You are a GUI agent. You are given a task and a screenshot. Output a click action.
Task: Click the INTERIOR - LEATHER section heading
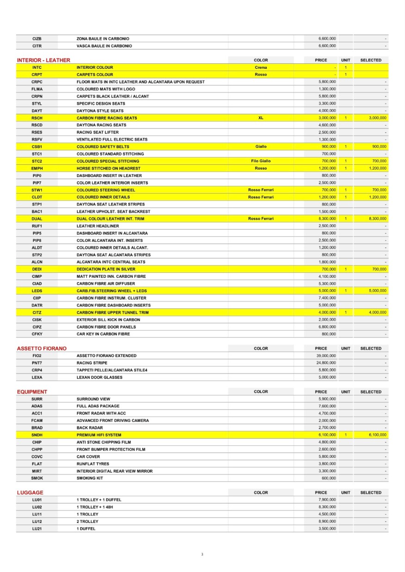click(x=44, y=60)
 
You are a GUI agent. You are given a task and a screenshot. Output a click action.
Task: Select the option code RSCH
click(x=37, y=118)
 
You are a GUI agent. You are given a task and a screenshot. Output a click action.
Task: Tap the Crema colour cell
click(x=261, y=68)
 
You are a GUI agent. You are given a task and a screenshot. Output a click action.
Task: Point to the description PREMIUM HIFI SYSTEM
click(x=99, y=435)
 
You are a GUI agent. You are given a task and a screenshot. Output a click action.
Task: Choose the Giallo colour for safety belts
click(x=261, y=147)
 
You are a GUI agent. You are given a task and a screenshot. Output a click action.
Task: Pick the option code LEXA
click(x=37, y=377)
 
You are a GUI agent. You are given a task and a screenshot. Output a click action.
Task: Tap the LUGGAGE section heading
click(x=30, y=492)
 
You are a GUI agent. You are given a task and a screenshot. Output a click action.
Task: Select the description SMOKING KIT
click(x=90, y=478)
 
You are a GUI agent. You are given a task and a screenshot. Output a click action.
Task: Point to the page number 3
click(x=202, y=554)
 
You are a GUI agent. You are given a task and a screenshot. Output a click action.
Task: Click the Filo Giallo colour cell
click(x=261, y=161)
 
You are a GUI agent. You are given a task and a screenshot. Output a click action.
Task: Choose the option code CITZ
click(x=37, y=313)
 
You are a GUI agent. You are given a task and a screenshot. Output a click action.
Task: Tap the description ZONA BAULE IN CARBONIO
click(x=103, y=39)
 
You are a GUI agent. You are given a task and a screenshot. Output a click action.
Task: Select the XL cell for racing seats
click(x=261, y=118)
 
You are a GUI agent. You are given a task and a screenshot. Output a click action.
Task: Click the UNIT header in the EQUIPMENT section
click(x=345, y=392)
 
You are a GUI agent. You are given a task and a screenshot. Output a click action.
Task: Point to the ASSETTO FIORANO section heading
click(x=42, y=348)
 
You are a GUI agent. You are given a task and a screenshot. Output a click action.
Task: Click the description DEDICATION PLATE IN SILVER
click(x=106, y=269)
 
